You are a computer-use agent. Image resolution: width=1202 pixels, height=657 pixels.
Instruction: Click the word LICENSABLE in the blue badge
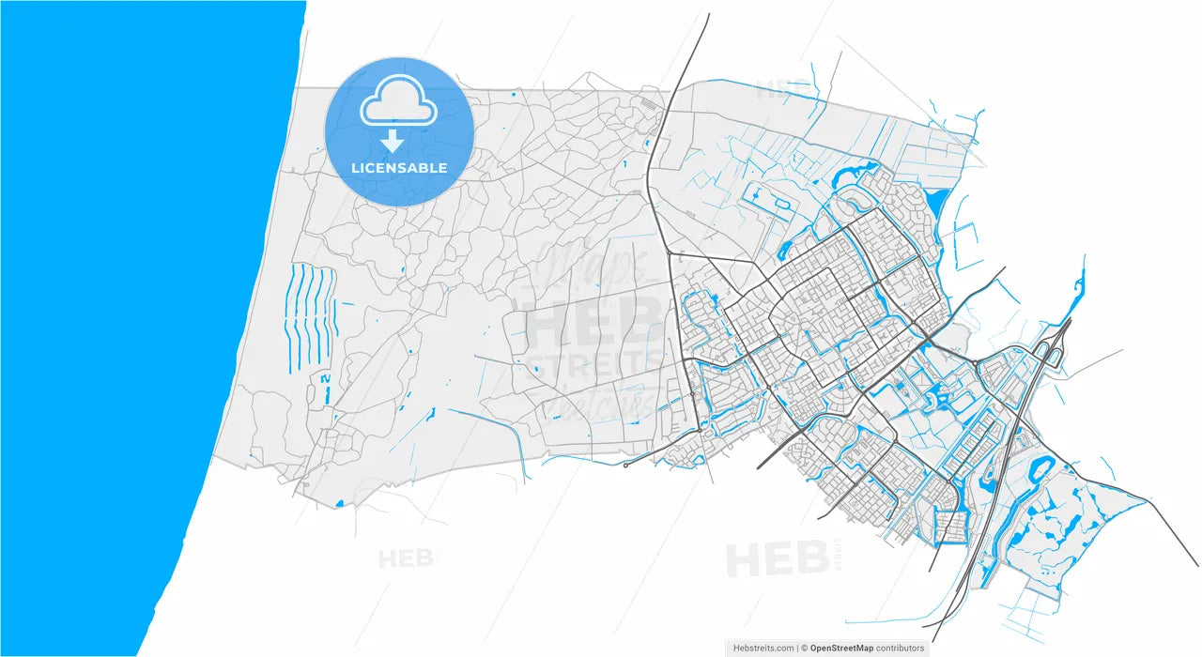click(399, 168)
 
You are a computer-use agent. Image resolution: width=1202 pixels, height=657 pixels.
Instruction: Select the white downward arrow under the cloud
click(393, 141)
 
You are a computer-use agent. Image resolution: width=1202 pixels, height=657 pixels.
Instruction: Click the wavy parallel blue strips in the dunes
click(311, 314)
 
